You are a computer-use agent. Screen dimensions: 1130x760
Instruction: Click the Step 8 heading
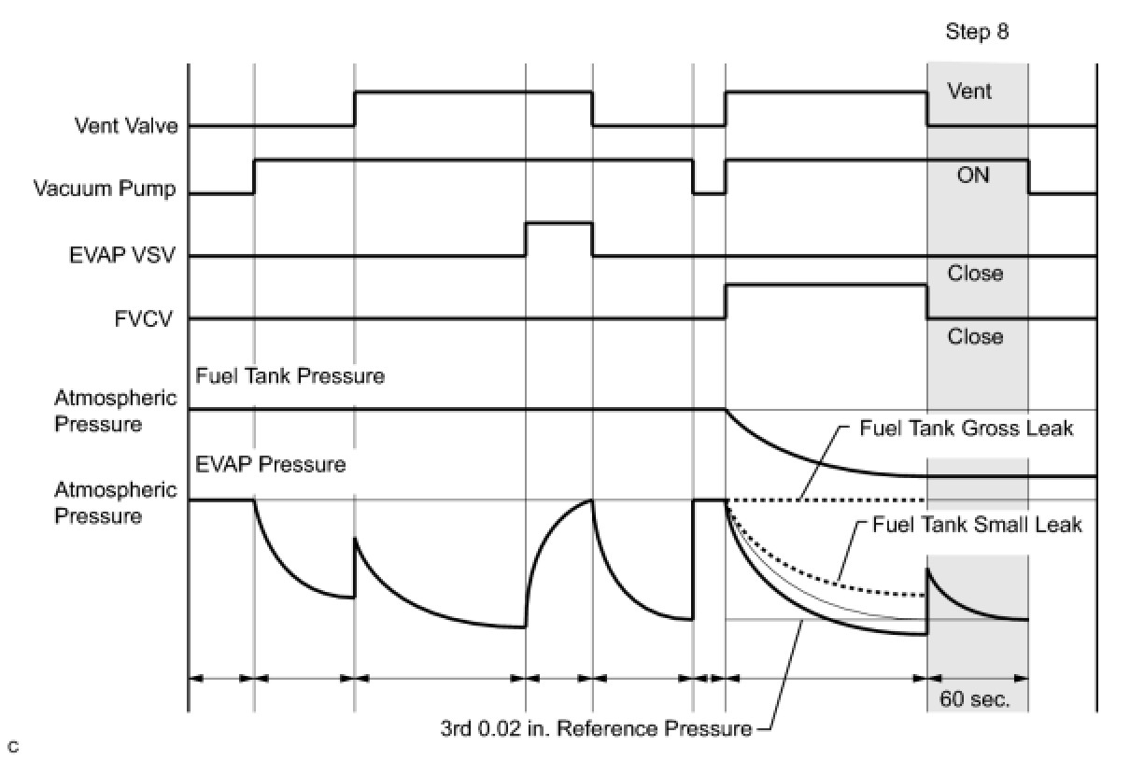(977, 32)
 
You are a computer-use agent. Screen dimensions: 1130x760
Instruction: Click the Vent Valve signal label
(126, 125)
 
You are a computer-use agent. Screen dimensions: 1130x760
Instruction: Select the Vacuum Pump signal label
(105, 189)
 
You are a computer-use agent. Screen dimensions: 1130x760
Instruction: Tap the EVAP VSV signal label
(122, 255)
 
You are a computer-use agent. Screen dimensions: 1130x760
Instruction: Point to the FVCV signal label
(144, 318)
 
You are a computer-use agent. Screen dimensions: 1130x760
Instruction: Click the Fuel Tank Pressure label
(290, 376)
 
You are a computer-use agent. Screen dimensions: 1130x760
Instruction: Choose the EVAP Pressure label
(271, 464)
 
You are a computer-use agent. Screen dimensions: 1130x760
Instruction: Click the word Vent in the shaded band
(969, 91)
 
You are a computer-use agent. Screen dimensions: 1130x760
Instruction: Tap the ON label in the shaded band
(973, 175)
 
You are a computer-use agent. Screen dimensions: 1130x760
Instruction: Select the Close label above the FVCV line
(975, 274)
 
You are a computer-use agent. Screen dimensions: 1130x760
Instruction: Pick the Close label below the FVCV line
(975, 336)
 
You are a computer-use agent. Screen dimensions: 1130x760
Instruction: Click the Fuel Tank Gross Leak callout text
(966, 429)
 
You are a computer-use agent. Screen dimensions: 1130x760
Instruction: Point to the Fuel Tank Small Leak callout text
(977, 525)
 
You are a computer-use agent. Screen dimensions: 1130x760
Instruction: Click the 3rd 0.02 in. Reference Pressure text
(596, 729)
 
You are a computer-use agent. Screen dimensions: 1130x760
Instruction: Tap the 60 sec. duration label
(975, 699)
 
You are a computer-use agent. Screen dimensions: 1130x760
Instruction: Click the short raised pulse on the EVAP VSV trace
(559, 223)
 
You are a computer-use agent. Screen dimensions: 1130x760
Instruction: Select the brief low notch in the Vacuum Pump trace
(709, 192)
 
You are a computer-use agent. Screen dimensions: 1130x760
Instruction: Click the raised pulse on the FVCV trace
(826, 286)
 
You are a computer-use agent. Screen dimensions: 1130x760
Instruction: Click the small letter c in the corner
(13, 747)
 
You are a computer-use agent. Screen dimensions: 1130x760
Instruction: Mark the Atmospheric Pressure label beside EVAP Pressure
(116, 503)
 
